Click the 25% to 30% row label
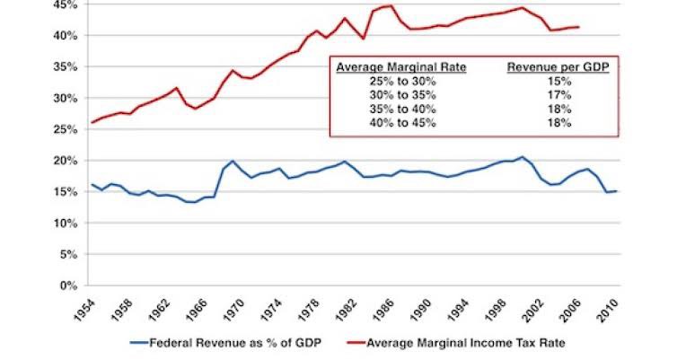pos(391,81)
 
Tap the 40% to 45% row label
pos(391,121)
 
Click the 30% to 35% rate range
pos(391,94)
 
